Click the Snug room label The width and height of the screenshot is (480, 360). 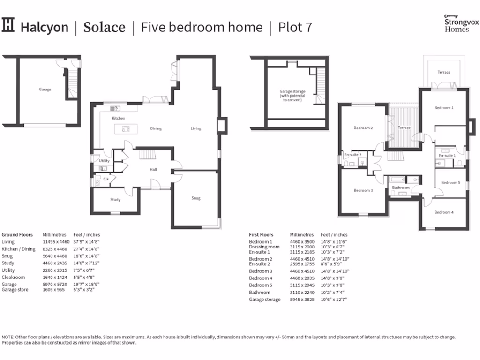pyautogui.click(x=196, y=198)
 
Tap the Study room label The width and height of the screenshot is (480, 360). pyautogui.click(x=115, y=200)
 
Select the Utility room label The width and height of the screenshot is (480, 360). pyautogui.click(x=104, y=161)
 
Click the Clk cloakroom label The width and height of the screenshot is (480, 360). pyautogui.click(x=106, y=179)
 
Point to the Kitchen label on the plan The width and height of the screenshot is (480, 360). pyautogui.click(x=119, y=119)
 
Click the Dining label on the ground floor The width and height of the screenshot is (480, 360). pyautogui.click(x=156, y=128)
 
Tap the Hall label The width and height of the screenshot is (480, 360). pyautogui.click(x=153, y=170)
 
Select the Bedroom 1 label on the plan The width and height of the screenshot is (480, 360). pyautogui.click(x=443, y=108)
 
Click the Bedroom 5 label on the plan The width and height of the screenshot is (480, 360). pyautogui.click(x=450, y=183)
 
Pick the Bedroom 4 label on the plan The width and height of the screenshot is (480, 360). pyautogui.click(x=443, y=212)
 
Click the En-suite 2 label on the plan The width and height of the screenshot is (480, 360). pyautogui.click(x=352, y=155)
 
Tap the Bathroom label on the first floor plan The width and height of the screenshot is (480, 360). pyautogui.click(x=401, y=188)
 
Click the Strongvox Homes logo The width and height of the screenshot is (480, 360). pyautogui.click(x=457, y=23)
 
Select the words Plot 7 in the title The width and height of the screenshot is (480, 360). pyautogui.click(x=295, y=27)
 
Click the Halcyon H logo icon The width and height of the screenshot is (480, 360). pyautogui.click(x=8, y=25)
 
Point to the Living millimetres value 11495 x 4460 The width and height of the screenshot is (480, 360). pyautogui.click(x=56, y=242)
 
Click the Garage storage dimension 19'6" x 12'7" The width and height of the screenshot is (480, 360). pyautogui.click(x=333, y=300)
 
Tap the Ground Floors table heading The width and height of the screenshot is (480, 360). pyautogui.click(x=17, y=235)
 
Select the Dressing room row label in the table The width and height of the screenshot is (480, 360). pyautogui.click(x=264, y=247)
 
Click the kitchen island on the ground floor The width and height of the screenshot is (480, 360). pyautogui.click(x=125, y=129)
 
